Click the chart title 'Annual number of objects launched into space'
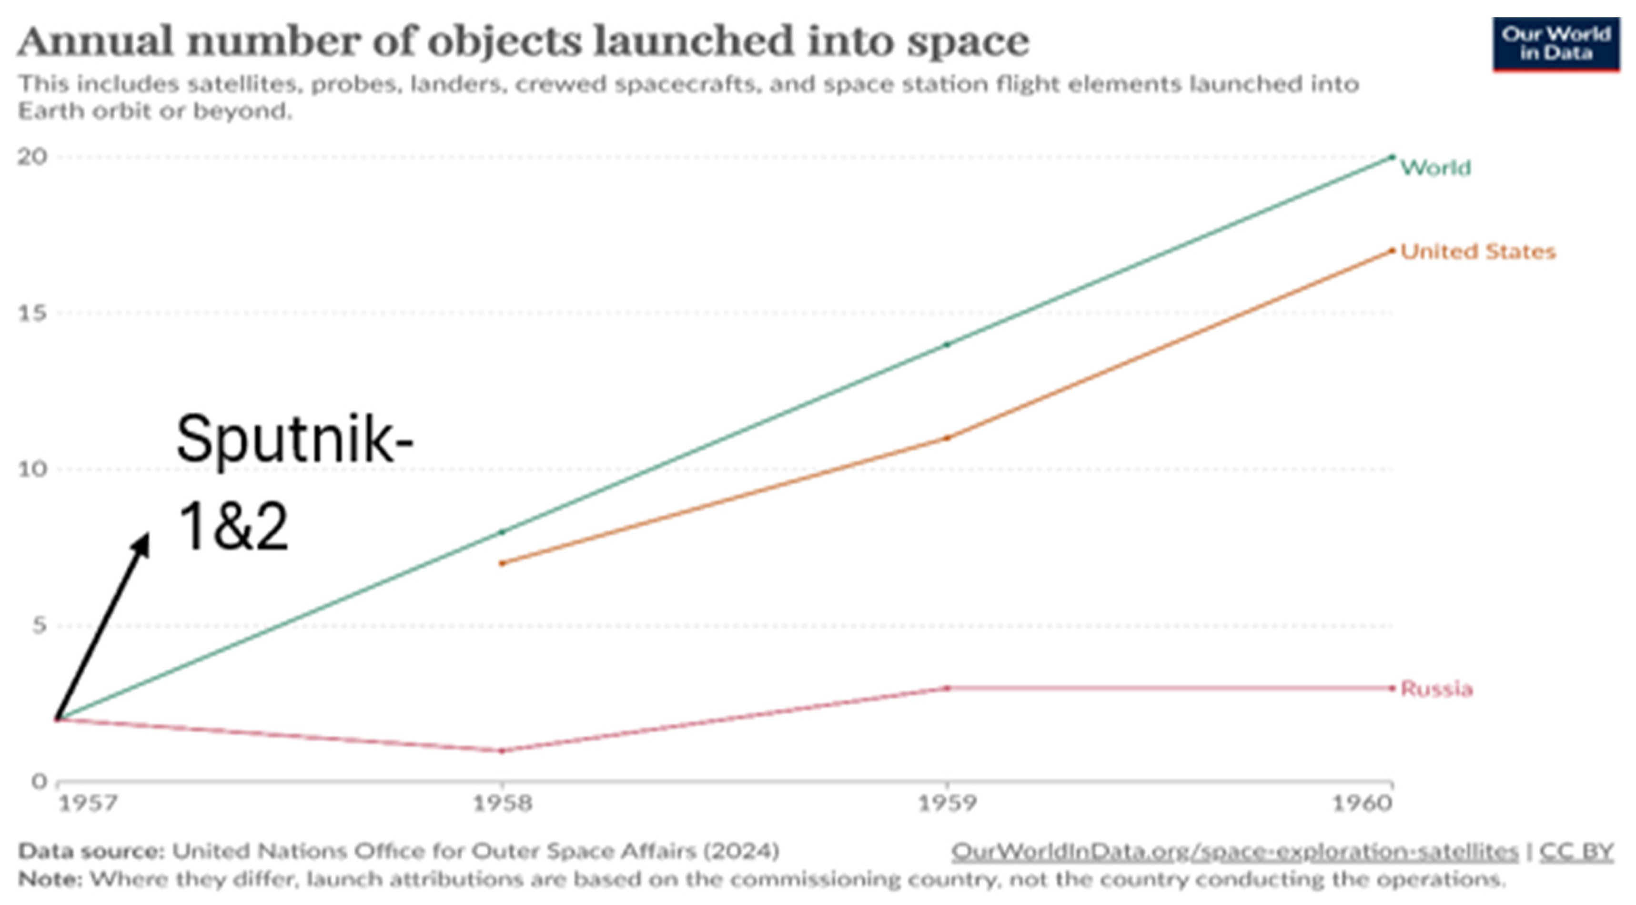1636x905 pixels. click(522, 42)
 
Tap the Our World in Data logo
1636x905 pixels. click(1555, 43)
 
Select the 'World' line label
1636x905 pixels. click(1435, 168)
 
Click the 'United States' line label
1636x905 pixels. click(1478, 252)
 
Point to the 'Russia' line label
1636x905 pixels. click(1436, 689)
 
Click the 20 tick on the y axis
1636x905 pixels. click(32, 157)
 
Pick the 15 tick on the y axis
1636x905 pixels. click(32, 313)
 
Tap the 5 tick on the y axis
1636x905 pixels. click(39, 626)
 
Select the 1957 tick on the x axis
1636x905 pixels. click(88, 804)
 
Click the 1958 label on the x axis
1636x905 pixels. click(502, 804)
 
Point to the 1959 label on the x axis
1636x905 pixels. click(948, 804)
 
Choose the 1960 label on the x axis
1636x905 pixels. click(1362, 804)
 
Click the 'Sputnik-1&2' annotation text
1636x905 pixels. click(294, 483)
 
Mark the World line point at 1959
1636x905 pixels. click(948, 345)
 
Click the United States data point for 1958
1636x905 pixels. click(502, 563)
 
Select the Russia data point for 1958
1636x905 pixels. click(502, 751)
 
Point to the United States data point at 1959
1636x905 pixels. click(948, 438)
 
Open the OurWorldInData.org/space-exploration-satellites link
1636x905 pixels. click(1234, 851)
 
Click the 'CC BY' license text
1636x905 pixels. click(1576, 851)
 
